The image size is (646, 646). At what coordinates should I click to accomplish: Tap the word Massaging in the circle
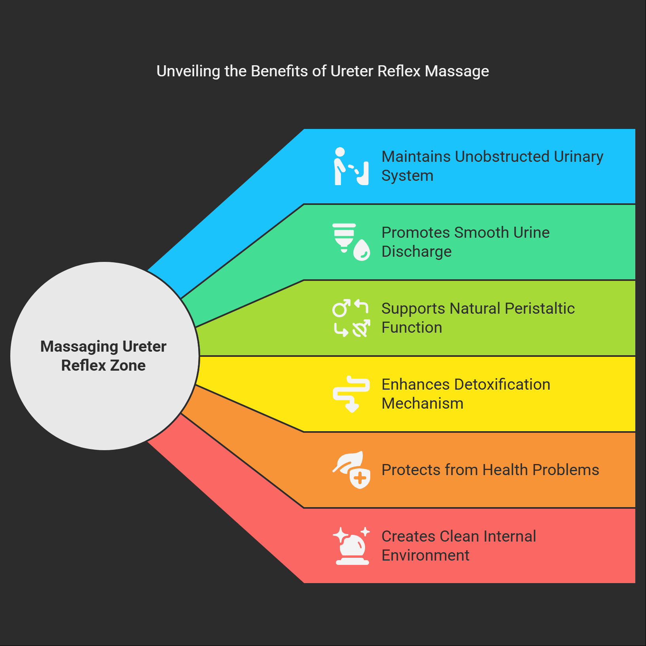(79, 347)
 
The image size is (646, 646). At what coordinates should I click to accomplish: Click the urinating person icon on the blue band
(351, 167)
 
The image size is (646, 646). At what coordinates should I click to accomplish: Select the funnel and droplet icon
(351, 242)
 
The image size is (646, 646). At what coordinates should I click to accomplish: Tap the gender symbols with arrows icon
(351, 318)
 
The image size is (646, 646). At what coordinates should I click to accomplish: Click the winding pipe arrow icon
(351, 394)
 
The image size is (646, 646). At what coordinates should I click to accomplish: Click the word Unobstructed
(502, 157)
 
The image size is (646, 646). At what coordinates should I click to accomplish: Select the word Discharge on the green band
(416, 252)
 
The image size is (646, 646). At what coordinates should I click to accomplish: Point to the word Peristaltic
(540, 309)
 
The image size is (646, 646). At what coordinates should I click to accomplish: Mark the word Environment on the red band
(425, 555)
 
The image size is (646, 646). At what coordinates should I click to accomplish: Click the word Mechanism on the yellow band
(422, 404)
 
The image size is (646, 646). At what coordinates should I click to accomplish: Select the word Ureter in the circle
(144, 347)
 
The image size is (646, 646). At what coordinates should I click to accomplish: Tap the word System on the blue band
(407, 176)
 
